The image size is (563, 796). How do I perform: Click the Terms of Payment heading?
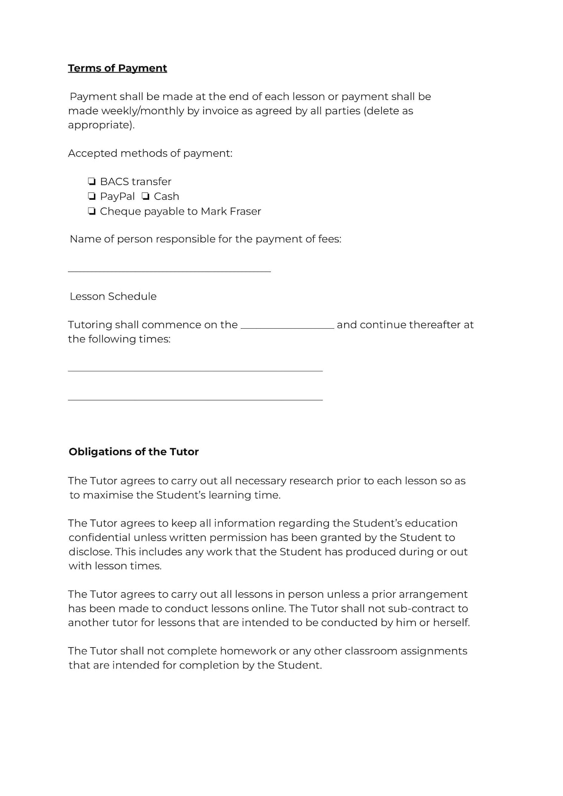point(118,68)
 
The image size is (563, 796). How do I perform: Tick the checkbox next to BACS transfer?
point(92,181)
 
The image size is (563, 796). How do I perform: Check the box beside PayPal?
point(92,196)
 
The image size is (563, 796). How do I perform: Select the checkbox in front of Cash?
point(146,196)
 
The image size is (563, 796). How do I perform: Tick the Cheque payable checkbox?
point(92,211)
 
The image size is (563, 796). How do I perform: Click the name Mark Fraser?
point(231,211)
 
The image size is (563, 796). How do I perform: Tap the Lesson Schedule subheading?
point(113,296)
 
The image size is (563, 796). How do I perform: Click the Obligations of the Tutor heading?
point(134,451)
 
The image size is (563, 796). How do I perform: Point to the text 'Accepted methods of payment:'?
point(150,153)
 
